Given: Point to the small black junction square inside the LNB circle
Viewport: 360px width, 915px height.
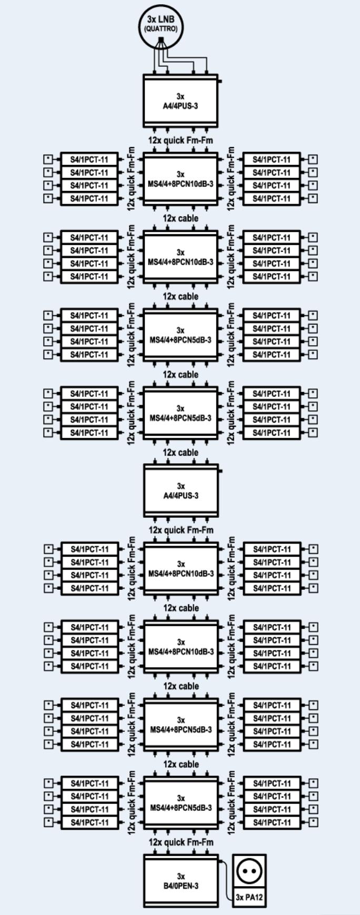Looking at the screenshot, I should (x=161, y=41).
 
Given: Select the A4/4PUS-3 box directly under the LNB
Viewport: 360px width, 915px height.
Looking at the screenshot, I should (x=181, y=100).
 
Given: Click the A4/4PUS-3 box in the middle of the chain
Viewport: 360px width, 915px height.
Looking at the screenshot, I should (x=181, y=490).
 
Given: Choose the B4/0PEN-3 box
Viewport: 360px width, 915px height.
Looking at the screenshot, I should (x=181, y=881).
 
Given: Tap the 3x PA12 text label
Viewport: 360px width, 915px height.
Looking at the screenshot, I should (x=249, y=897).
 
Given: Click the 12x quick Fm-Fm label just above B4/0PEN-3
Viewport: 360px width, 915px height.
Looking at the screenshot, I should (x=181, y=842).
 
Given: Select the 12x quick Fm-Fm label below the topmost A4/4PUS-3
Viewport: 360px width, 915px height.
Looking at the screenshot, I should (x=181, y=140).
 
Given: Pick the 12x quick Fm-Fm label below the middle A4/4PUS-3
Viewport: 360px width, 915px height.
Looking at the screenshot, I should (x=181, y=530).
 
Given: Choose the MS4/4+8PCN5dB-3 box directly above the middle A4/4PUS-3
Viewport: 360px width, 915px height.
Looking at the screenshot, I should (x=181, y=413).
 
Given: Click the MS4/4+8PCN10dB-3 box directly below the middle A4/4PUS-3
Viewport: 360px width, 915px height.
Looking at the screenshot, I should (x=181, y=569).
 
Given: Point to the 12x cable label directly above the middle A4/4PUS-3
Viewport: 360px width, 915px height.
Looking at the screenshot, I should (x=181, y=453).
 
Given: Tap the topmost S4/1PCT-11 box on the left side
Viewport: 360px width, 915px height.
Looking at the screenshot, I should (x=89, y=159).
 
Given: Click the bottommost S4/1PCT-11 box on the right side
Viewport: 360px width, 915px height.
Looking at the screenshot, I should (x=272, y=822).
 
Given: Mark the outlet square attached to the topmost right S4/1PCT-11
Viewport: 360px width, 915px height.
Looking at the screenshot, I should (x=313, y=159).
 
